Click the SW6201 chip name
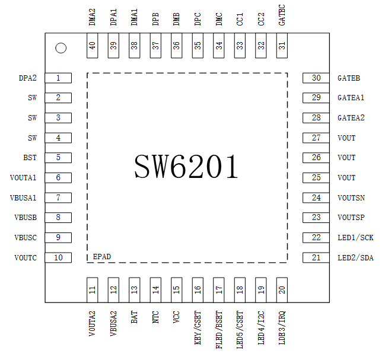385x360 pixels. point(186,167)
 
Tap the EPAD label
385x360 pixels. point(102,257)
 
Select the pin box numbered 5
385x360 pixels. point(58,158)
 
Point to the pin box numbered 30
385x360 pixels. point(316,78)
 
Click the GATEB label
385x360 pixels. point(349,78)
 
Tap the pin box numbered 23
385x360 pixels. point(316,218)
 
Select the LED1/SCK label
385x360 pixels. point(355,237)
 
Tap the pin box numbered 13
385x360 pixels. point(135,289)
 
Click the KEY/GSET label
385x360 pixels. point(198,329)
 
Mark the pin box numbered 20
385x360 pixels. point(282,289)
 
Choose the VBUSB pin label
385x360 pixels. point(26,218)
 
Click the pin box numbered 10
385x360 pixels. point(58,257)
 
